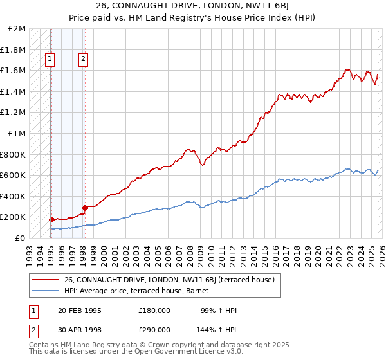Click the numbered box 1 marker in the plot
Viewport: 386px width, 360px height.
[50, 59]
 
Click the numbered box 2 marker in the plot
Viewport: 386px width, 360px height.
[84, 59]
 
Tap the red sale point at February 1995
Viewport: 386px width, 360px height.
[51, 219]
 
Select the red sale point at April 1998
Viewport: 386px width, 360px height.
[85, 208]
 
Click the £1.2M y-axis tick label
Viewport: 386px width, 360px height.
[14, 113]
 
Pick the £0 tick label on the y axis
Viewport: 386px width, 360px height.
[21, 238]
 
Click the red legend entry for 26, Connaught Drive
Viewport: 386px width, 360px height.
[169, 280]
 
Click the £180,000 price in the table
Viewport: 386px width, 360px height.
[153, 310]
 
